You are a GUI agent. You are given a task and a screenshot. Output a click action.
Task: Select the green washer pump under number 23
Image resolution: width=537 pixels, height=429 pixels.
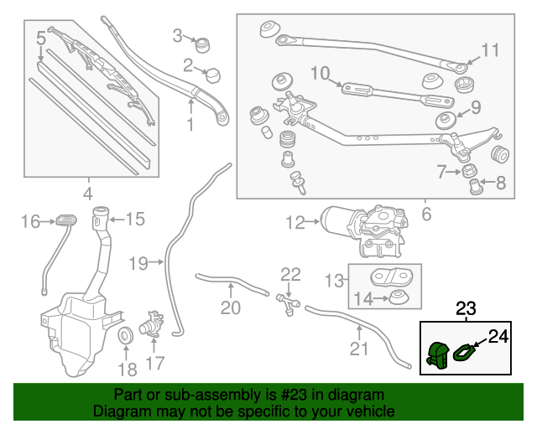(x=437, y=355)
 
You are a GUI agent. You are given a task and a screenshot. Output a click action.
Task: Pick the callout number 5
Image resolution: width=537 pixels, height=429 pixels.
(x=40, y=38)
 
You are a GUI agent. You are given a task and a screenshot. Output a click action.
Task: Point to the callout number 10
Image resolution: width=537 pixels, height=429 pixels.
(x=321, y=74)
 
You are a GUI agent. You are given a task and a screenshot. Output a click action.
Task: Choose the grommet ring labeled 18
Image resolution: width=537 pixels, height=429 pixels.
(x=128, y=337)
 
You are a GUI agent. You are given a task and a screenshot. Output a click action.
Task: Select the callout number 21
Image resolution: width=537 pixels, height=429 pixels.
(x=358, y=349)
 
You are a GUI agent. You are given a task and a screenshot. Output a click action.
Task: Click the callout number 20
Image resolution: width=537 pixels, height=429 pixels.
(x=230, y=308)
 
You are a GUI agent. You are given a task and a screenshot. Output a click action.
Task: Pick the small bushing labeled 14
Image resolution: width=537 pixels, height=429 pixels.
(x=394, y=297)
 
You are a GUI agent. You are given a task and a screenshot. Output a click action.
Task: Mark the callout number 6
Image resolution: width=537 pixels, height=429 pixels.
(x=425, y=214)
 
